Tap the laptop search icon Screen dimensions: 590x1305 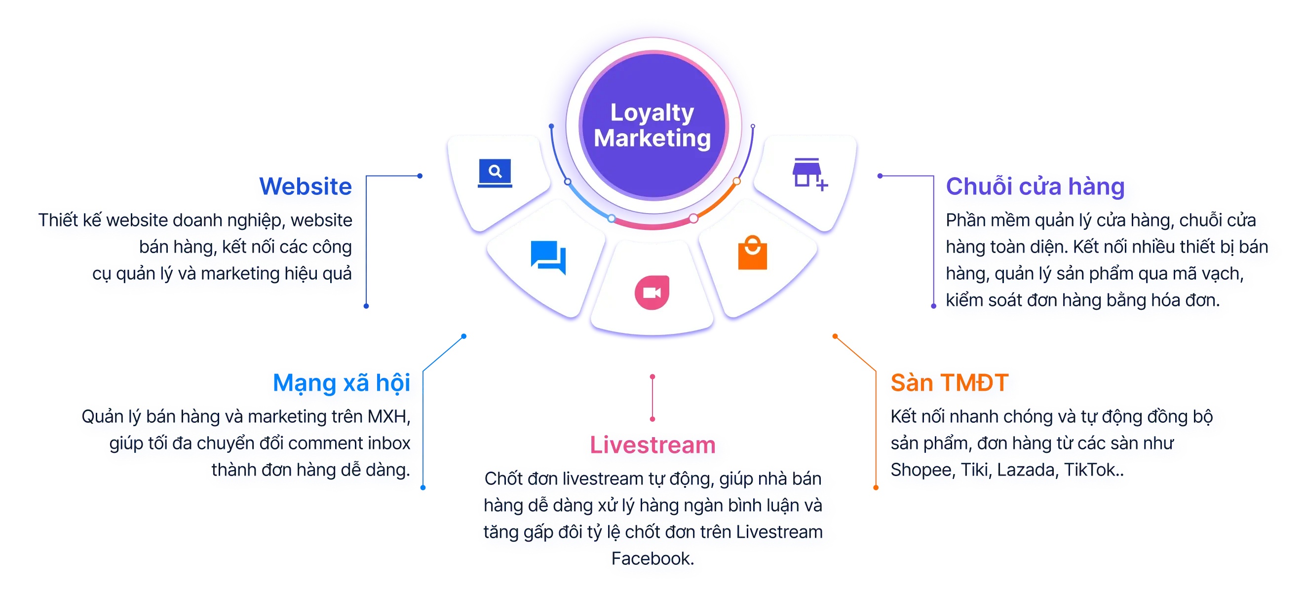(495, 173)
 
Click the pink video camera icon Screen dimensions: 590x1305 (652, 293)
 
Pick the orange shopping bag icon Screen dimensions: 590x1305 (752, 253)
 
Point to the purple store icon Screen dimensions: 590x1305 (809, 174)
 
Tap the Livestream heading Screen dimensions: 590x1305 (653, 445)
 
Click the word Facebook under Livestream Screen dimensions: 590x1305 (652, 558)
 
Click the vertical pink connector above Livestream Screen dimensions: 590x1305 (652, 398)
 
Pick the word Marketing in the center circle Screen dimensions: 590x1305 (652, 138)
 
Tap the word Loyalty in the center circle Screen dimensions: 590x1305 (652, 112)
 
